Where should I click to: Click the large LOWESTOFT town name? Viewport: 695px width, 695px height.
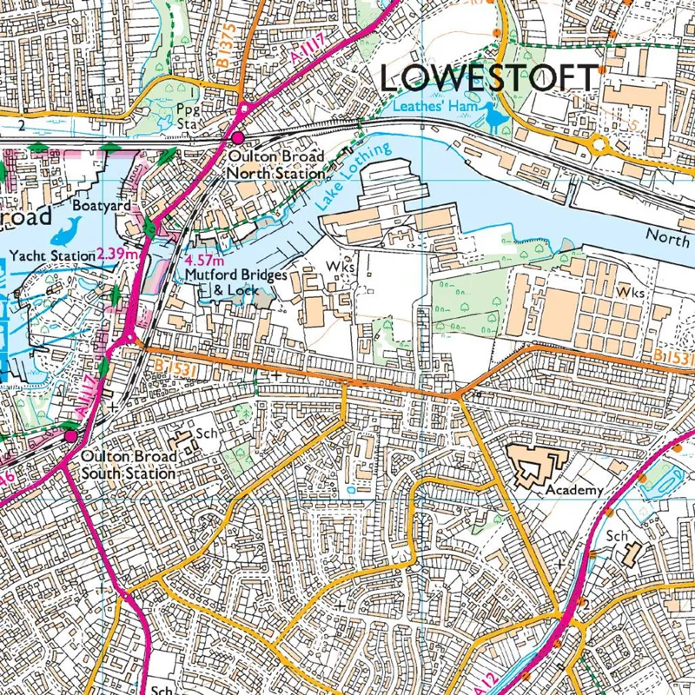[489, 78]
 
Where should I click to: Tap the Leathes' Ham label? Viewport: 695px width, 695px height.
[434, 108]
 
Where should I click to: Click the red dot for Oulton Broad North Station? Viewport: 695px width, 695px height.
[236, 138]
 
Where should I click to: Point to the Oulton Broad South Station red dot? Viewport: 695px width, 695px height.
[69, 436]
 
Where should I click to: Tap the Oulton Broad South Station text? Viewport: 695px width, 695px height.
[129, 465]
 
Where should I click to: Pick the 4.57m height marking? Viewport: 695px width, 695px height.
[206, 260]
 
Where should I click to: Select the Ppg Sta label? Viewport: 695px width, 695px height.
[187, 116]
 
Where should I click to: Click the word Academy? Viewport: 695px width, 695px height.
[573, 490]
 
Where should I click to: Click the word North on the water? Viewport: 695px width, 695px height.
[667, 235]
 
